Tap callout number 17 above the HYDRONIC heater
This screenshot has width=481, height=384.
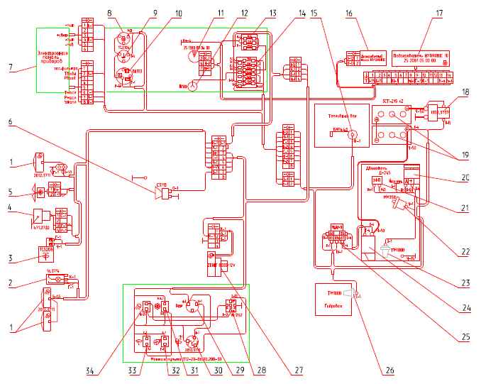pos(440,13)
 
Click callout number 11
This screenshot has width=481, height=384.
pos(221,13)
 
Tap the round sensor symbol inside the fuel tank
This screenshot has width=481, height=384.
pos(349,140)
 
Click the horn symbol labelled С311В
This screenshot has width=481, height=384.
pos(164,190)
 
